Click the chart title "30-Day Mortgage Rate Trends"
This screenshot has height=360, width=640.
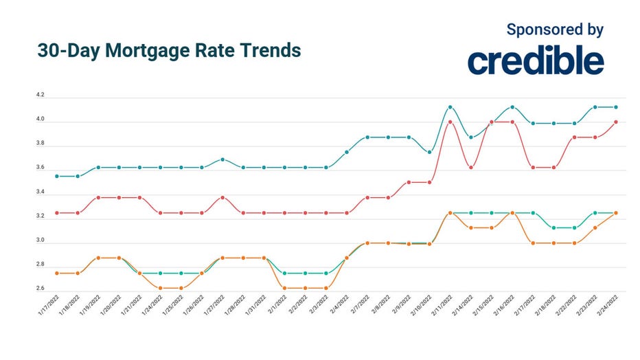click(x=168, y=52)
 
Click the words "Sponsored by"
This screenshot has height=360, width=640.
click(x=555, y=30)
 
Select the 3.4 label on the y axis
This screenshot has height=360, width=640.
click(x=40, y=192)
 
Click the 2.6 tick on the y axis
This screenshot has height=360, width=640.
click(x=40, y=289)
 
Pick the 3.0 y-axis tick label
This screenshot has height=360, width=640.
click(x=40, y=240)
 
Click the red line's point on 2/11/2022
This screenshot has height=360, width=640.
click(x=450, y=122)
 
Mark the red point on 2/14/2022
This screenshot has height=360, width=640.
click(x=470, y=167)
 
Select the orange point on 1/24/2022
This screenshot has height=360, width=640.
click(x=160, y=288)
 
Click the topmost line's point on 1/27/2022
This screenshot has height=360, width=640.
click(x=222, y=159)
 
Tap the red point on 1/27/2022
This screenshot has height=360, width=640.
click(x=222, y=197)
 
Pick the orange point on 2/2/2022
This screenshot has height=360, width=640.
click(x=305, y=288)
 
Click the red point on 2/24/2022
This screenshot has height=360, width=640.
click(x=616, y=122)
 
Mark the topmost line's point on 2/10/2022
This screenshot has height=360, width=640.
click(x=429, y=153)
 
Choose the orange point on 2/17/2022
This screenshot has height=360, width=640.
click(x=533, y=243)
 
